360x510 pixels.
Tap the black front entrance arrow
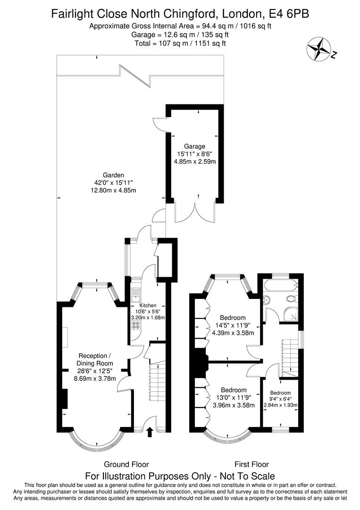point(150,431)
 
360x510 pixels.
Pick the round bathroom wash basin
point(265,299)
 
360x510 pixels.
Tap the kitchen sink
point(135,295)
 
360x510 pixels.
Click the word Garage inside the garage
point(194,146)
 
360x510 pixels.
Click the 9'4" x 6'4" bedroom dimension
point(281,399)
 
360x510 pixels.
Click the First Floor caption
point(251,464)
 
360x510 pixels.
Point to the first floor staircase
point(289,357)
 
